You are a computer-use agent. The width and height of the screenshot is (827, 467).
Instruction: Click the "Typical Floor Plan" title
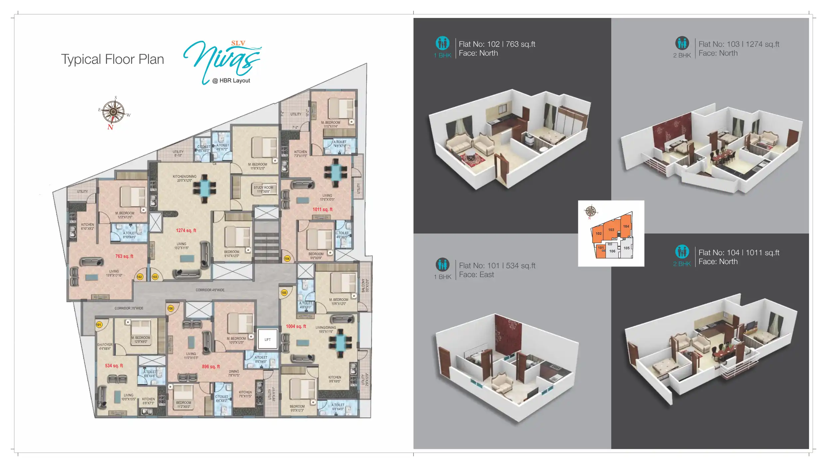tap(113, 60)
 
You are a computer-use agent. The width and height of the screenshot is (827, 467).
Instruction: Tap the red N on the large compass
tap(110, 127)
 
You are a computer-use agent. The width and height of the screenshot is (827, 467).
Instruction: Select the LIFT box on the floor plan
tap(268, 340)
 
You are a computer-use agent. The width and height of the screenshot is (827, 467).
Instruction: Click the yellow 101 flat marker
tap(99, 325)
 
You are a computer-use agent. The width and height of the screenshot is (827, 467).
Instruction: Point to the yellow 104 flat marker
tap(287, 258)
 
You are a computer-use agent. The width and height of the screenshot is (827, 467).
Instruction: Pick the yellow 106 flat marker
tap(170, 308)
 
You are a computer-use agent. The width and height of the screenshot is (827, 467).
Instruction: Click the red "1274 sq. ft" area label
tap(186, 231)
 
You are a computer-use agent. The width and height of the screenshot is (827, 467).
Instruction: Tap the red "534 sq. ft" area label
tap(114, 366)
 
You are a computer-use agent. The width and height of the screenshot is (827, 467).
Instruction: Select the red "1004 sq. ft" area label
tap(296, 326)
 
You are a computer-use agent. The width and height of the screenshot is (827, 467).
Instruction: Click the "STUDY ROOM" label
tap(263, 188)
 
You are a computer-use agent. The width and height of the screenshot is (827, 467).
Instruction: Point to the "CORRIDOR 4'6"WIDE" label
tap(210, 290)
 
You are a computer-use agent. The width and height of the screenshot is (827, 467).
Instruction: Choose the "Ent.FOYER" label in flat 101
tap(105, 345)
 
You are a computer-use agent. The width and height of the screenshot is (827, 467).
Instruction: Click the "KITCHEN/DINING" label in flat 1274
tap(184, 177)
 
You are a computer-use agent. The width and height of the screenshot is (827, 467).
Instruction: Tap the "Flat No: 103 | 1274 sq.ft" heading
tap(739, 44)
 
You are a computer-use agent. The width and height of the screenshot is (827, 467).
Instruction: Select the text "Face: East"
tap(476, 275)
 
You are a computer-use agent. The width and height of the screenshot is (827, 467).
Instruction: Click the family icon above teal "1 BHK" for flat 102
tap(442, 43)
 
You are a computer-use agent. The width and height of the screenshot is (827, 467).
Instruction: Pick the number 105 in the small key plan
tap(627, 248)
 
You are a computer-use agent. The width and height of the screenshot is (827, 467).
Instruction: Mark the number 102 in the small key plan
tap(599, 234)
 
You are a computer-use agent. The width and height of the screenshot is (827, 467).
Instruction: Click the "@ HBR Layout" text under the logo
tap(231, 81)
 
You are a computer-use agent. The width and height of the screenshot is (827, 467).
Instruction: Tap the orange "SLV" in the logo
tap(238, 43)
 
